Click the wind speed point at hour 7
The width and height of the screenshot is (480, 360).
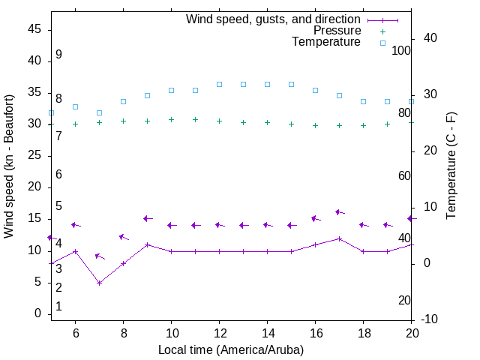pos(99,283)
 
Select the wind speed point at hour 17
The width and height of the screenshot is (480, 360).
pos(340,238)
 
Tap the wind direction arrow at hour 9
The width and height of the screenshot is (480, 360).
pos(148,218)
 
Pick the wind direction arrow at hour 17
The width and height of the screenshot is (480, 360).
pos(340,213)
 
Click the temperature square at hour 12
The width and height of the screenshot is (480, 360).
pos(219,84)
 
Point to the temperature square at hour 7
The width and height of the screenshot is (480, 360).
pos(99,112)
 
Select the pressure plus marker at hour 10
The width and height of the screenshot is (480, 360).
pos(171,119)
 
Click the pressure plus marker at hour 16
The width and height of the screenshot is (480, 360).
pos(316,125)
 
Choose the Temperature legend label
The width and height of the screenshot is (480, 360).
pos(326,42)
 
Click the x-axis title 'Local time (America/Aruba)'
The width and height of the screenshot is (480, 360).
pos(231,349)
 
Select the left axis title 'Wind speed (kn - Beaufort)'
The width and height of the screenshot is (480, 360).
pos(9,166)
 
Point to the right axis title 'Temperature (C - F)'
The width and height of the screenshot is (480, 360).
pos(451,166)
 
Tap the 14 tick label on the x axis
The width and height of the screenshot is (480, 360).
pos(267,333)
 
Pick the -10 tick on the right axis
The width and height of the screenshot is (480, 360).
pos(430,319)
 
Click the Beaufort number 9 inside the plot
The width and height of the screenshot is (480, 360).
pos(58,55)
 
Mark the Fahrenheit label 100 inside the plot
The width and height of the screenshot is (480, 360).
pos(401,50)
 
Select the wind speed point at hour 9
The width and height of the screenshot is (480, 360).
pos(147,244)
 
